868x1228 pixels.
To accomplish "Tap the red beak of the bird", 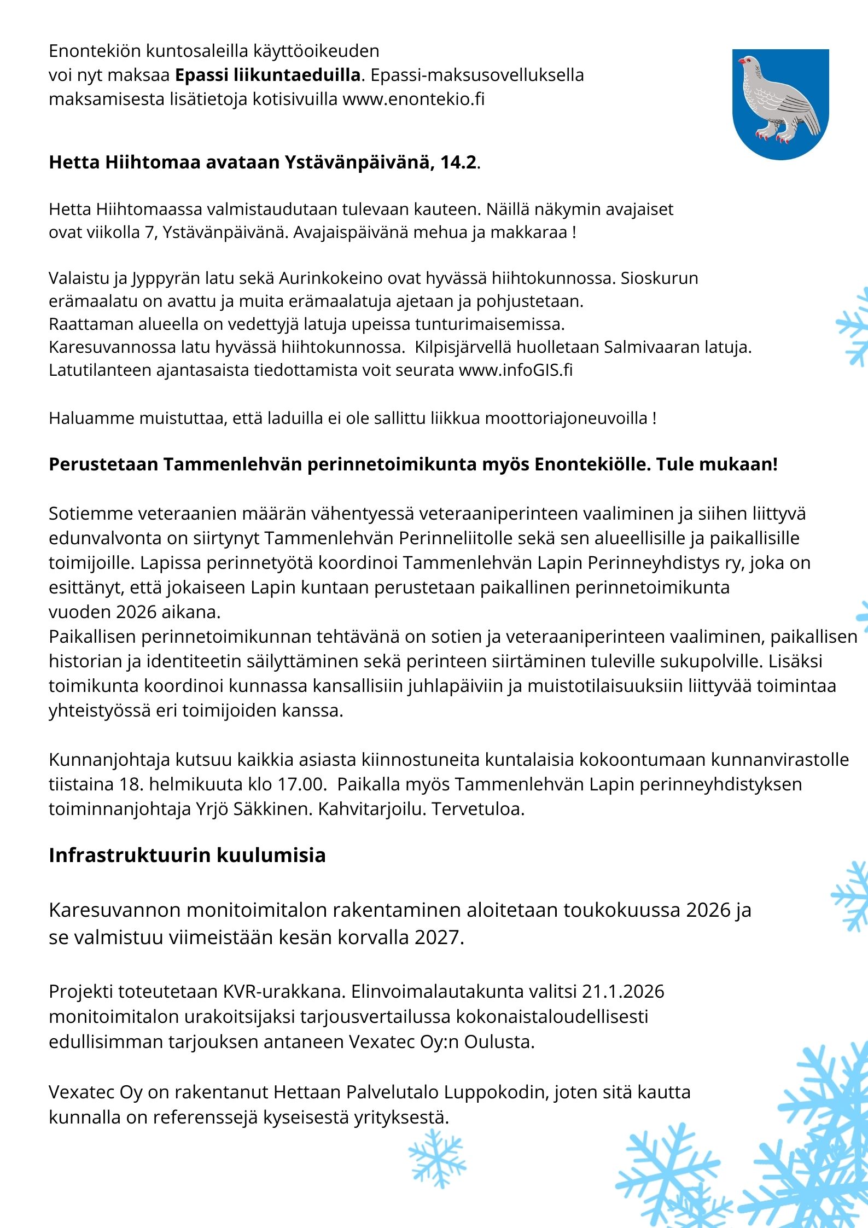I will [x=741, y=61].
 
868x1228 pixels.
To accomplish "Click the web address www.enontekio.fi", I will [x=413, y=99].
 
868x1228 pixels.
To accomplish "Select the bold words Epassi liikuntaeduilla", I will [x=267, y=75].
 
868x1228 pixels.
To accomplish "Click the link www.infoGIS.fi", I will [x=515, y=370].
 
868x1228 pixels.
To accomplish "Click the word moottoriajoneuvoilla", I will [x=566, y=418].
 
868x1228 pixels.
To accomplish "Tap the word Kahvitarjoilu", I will [x=371, y=808].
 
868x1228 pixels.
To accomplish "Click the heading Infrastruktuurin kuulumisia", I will [x=187, y=855].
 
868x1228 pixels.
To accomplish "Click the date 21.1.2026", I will [x=623, y=991].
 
